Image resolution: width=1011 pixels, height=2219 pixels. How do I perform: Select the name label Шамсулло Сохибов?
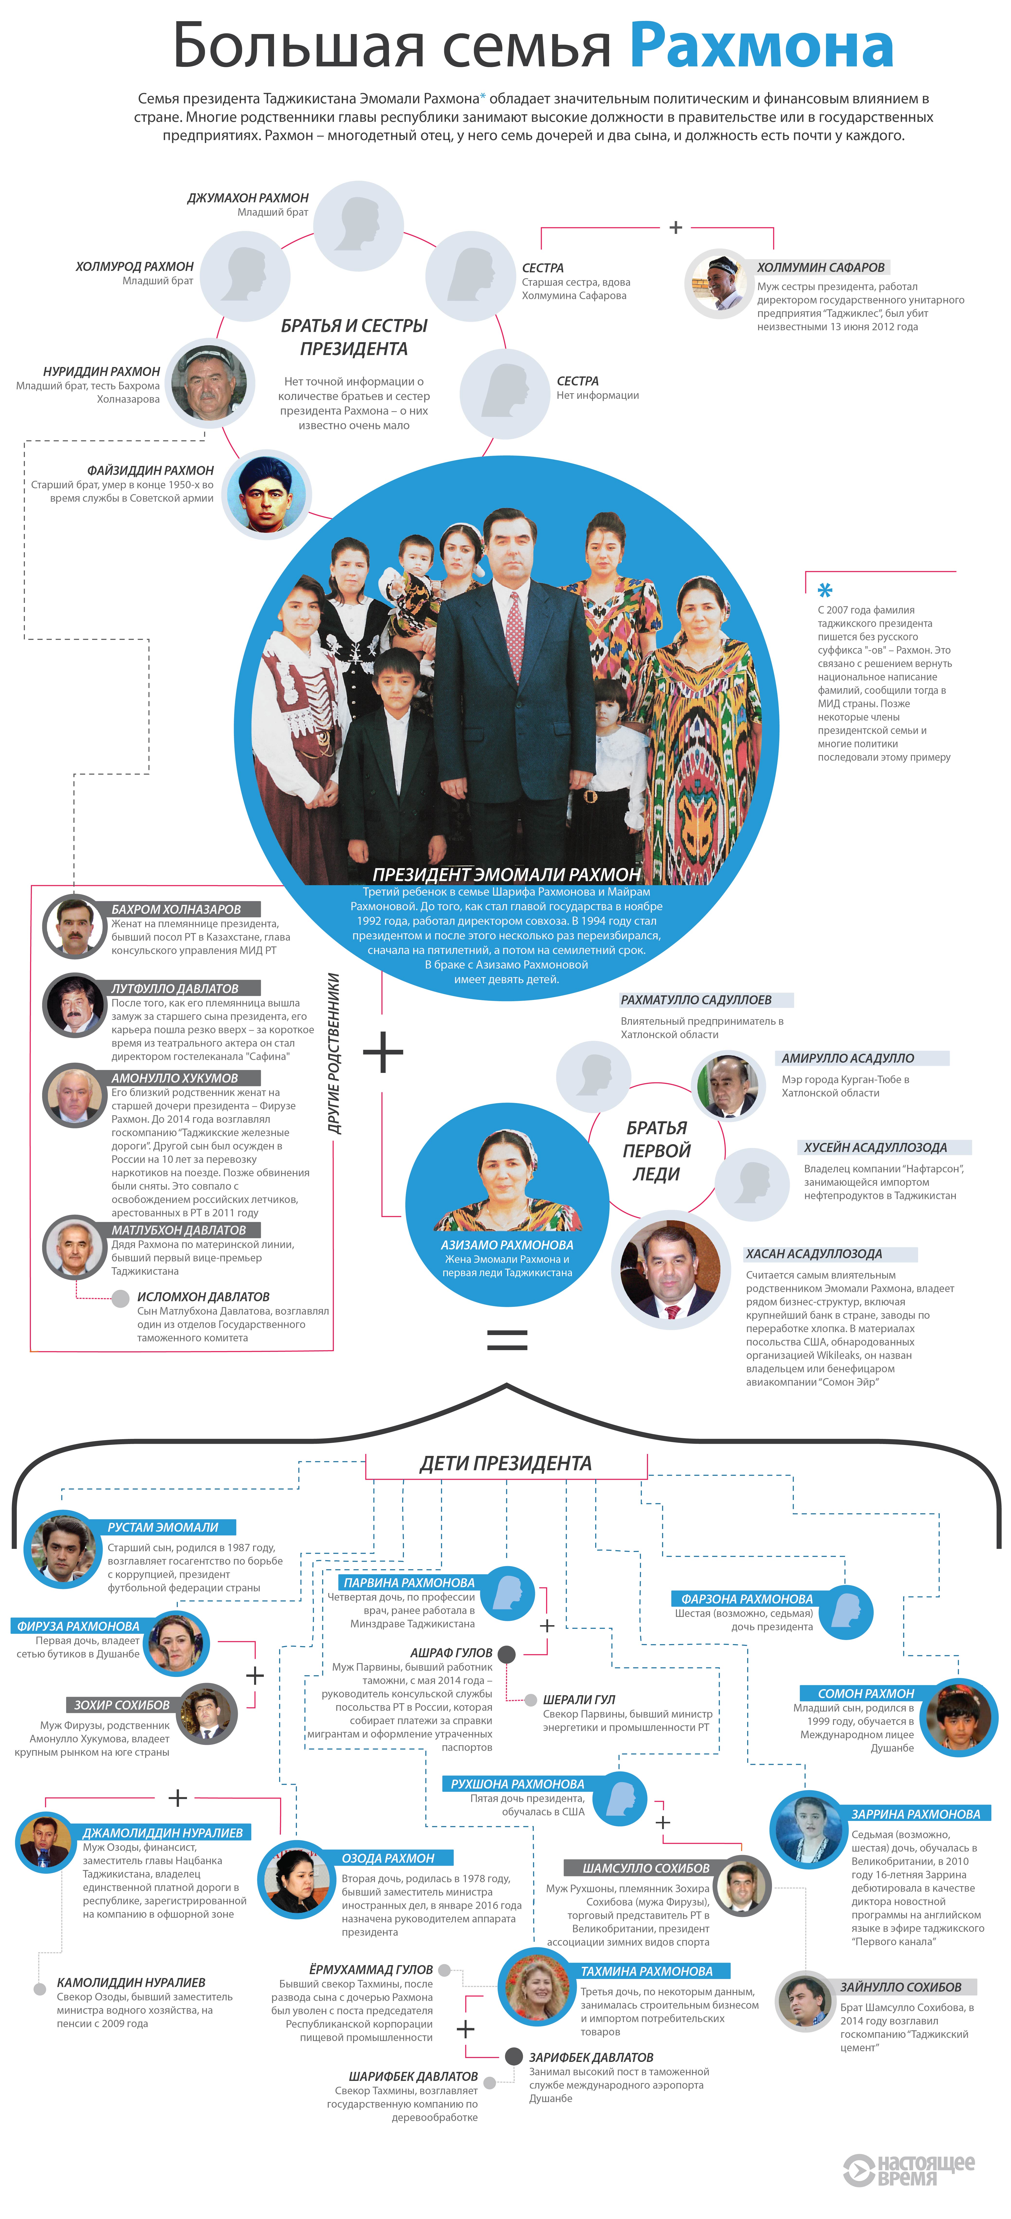(646, 1868)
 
